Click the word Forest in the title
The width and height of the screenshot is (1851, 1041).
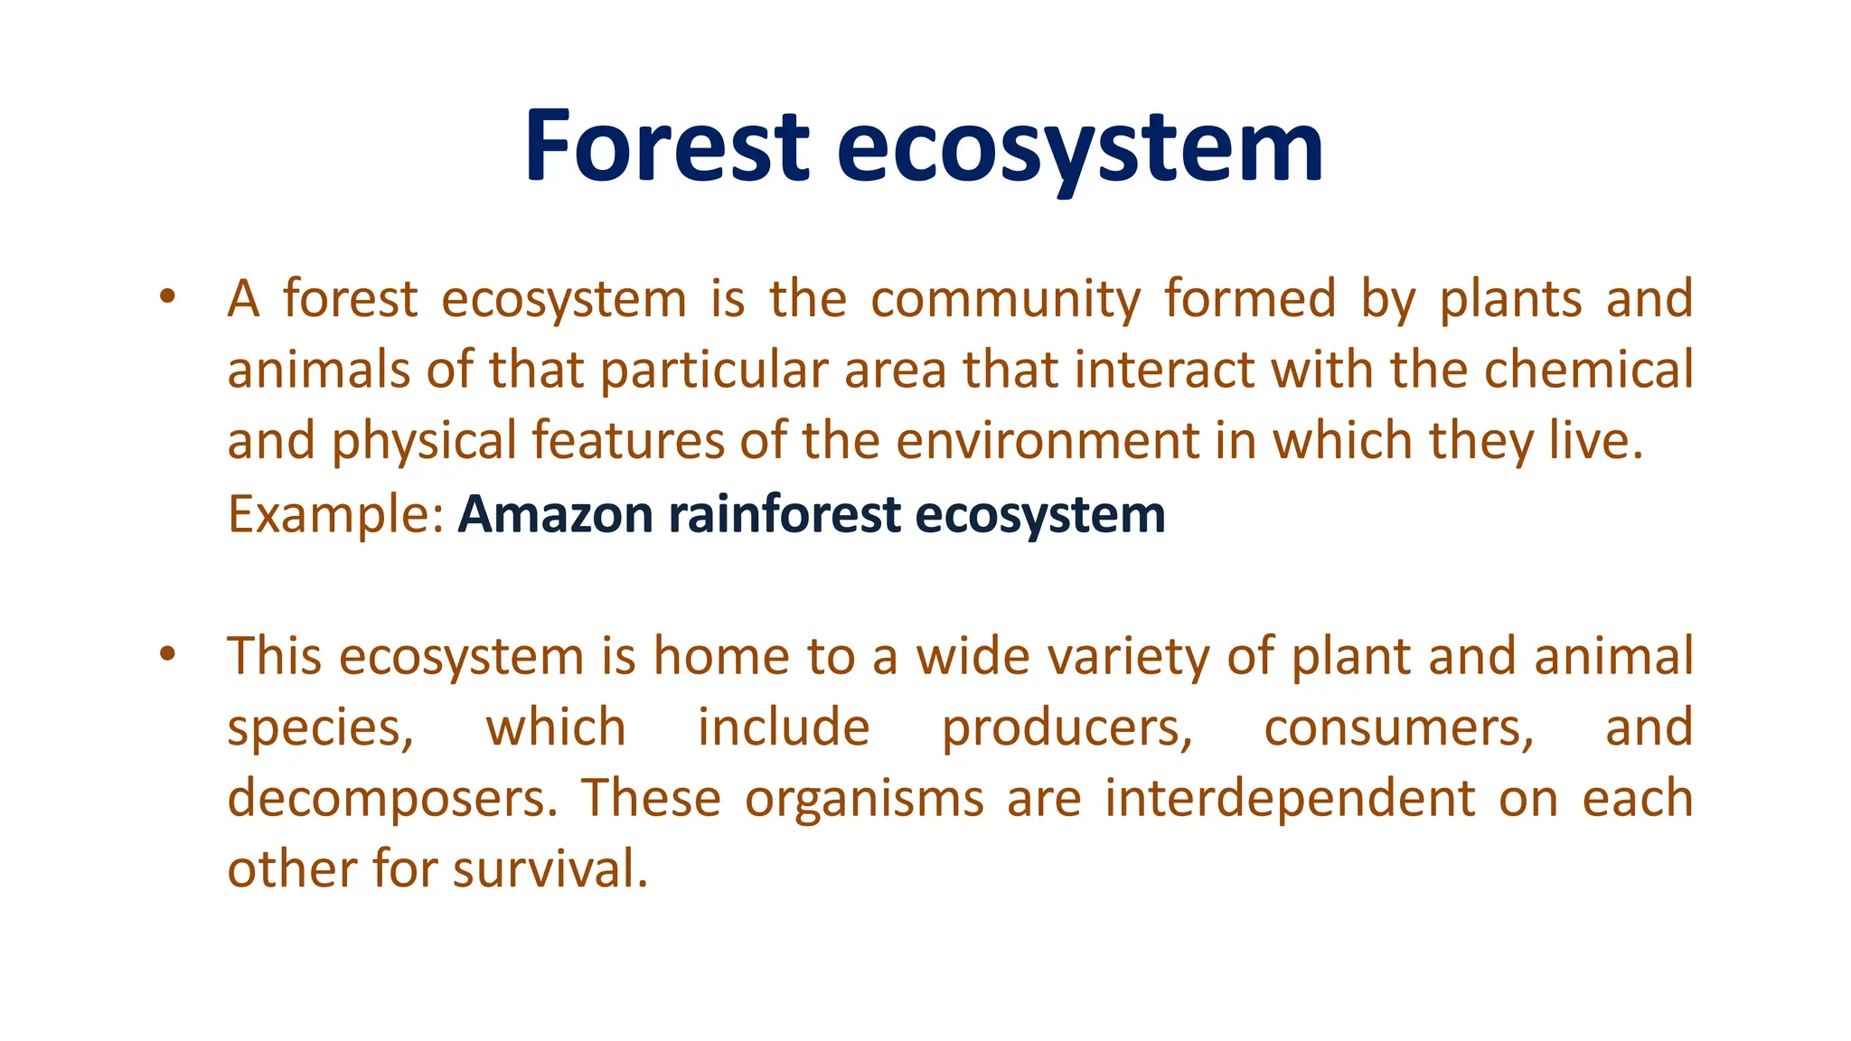[x=666, y=146]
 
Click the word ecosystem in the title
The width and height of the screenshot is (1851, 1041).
[x=1080, y=146]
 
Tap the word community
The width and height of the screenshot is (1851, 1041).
[x=1005, y=299]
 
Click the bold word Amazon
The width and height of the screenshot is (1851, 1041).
[x=555, y=515]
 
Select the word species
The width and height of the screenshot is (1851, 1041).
[x=320, y=728]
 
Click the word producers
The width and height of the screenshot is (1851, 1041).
[x=1066, y=728]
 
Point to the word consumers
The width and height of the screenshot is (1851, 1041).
[x=1398, y=728]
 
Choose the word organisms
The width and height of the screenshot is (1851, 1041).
[x=864, y=799]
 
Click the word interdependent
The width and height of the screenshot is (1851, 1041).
[x=1290, y=799]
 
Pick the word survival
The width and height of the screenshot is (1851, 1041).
[x=550, y=869]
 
